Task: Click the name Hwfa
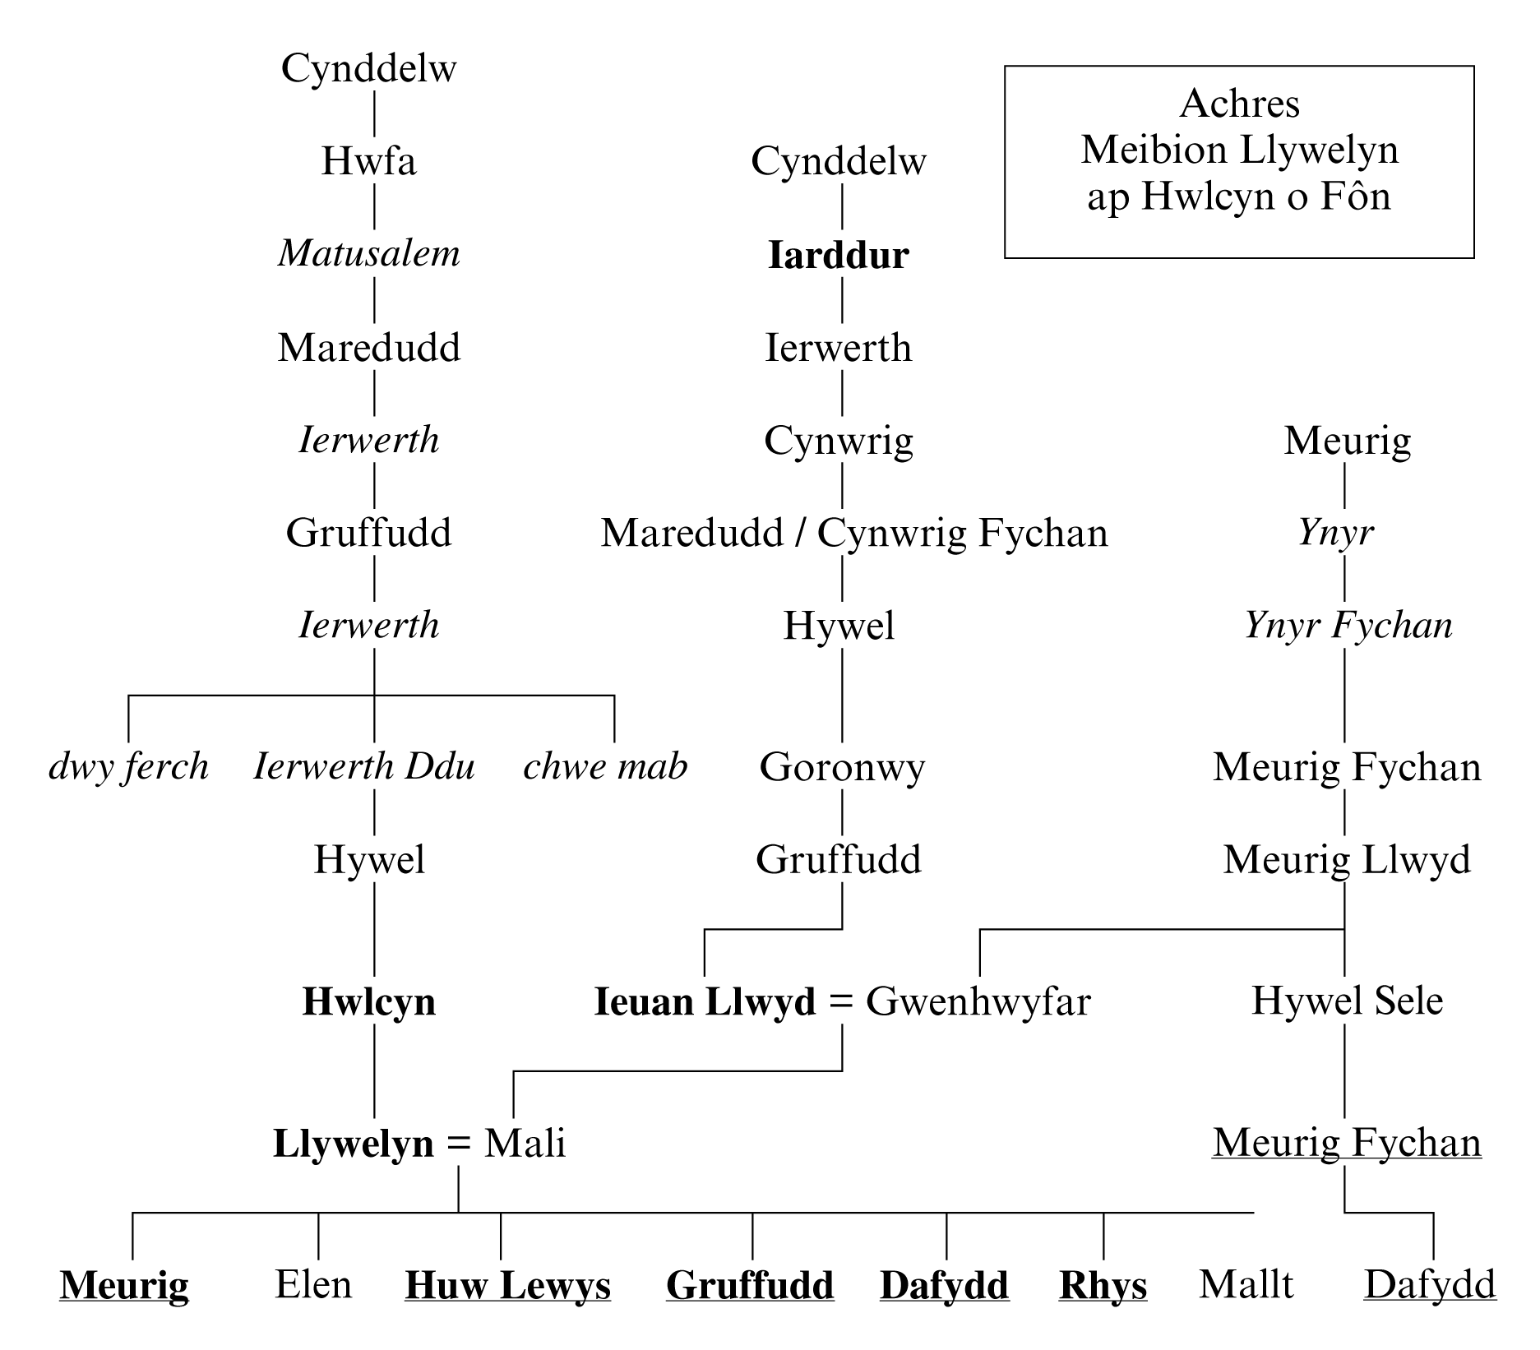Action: coord(368,160)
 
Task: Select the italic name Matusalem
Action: coord(368,253)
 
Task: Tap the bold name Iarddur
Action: coord(838,255)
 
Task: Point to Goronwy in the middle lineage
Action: coord(842,767)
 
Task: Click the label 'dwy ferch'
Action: coord(128,767)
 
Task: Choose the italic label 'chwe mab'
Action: coord(605,767)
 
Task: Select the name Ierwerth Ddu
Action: coord(364,767)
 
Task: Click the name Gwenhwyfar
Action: coord(978,1002)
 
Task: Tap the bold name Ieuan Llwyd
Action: coord(705,1002)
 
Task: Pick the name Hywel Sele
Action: coord(1347,1001)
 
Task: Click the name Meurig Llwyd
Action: coord(1347,860)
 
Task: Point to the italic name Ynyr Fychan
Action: coord(1348,626)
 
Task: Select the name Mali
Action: coord(525,1144)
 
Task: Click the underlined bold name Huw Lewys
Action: coord(507,1285)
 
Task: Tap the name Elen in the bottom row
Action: coord(313,1284)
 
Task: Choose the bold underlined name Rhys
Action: coord(1103,1285)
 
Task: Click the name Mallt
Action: coord(1246,1284)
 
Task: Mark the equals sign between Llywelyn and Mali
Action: coord(458,1144)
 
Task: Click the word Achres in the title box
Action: coord(1239,104)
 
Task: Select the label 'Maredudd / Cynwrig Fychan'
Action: coord(854,533)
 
